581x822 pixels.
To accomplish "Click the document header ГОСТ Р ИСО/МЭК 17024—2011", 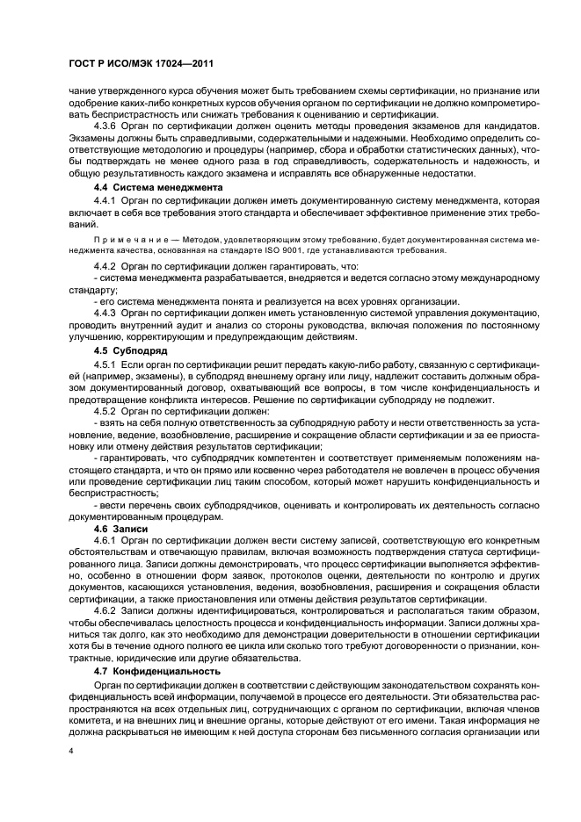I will (142, 64).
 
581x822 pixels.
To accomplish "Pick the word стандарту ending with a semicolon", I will (92, 289).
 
